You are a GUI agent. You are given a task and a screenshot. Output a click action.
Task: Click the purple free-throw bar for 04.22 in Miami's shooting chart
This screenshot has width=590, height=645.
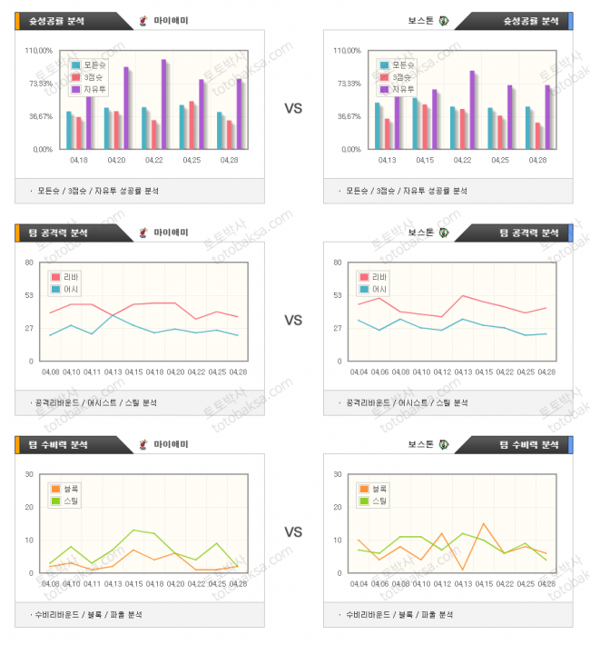click(x=164, y=104)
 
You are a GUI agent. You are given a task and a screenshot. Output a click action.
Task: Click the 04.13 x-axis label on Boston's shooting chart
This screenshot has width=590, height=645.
click(x=387, y=160)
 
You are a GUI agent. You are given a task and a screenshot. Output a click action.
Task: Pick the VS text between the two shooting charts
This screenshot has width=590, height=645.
click(x=293, y=108)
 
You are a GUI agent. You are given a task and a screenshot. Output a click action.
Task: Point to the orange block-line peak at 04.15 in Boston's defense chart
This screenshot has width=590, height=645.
click(x=484, y=523)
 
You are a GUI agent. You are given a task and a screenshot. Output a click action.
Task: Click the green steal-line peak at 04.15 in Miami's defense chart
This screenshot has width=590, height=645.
click(x=133, y=530)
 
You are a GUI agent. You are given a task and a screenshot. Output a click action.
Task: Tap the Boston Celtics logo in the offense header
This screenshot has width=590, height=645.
click(x=444, y=233)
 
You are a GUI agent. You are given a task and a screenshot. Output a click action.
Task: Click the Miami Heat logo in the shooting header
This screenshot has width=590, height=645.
click(x=143, y=21)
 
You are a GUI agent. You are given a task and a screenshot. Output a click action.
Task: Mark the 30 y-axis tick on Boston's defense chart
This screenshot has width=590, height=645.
click(x=338, y=474)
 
